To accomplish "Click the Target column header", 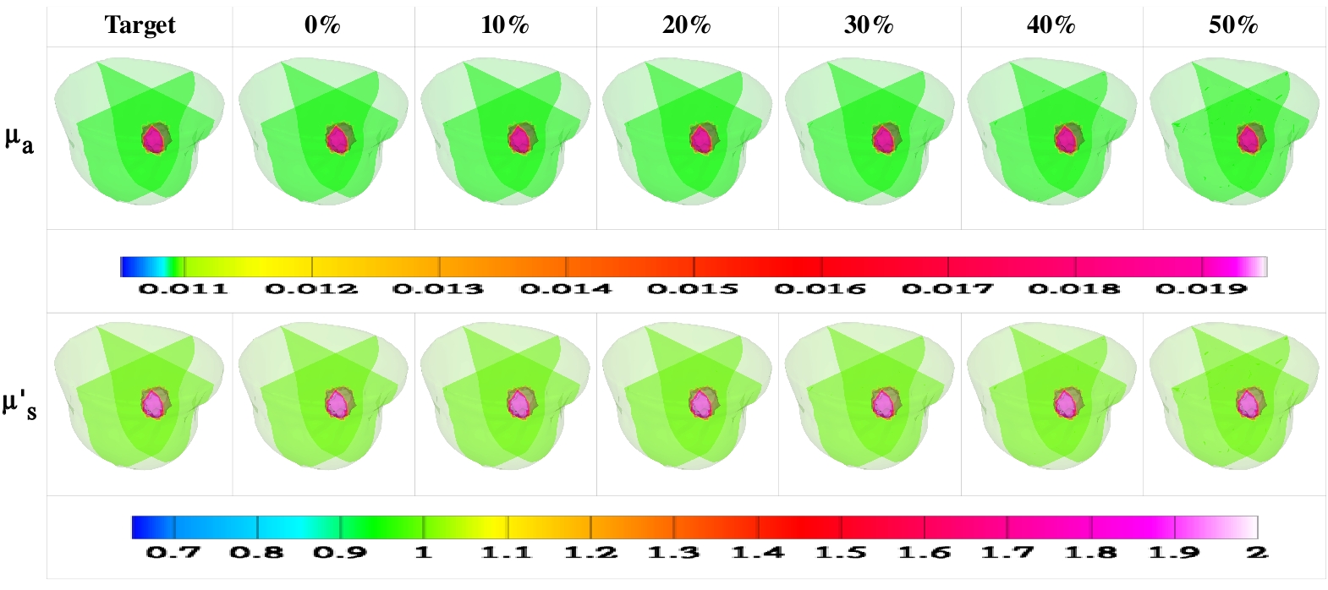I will pyautogui.click(x=140, y=25).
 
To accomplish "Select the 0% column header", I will pyautogui.click(x=322, y=25).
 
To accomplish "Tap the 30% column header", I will pyautogui.click(x=869, y=25).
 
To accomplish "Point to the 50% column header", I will pyautogui.click(x=1233, y=25).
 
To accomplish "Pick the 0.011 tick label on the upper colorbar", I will pyautogui.click(x=184, y=289).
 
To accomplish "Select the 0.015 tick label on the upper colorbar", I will pyautogui.click(x=693, y=289).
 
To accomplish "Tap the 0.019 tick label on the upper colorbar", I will pyautogui.click(x=1201, y=289).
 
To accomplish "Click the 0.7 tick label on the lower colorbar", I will pyautogui.click(x=173, y=553).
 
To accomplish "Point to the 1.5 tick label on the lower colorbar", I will pyautogui.click(x=841, y=553).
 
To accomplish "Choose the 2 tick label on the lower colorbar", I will pyautogui.click(x=1257, y=553).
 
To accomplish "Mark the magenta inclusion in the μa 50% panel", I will pyautogui.click(x=1248, y=139).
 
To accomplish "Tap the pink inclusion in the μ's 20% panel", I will pyautogui.click(x=700, y=403).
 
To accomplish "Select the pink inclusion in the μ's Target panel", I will pyautogui.click(x=154, y=403).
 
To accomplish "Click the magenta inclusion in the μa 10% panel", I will pyautogui.click(x=519, y=139).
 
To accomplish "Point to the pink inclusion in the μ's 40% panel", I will pyautogui.click(x=1065, y=403).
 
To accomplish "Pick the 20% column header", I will pyautogui.click(x=687, y=25).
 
